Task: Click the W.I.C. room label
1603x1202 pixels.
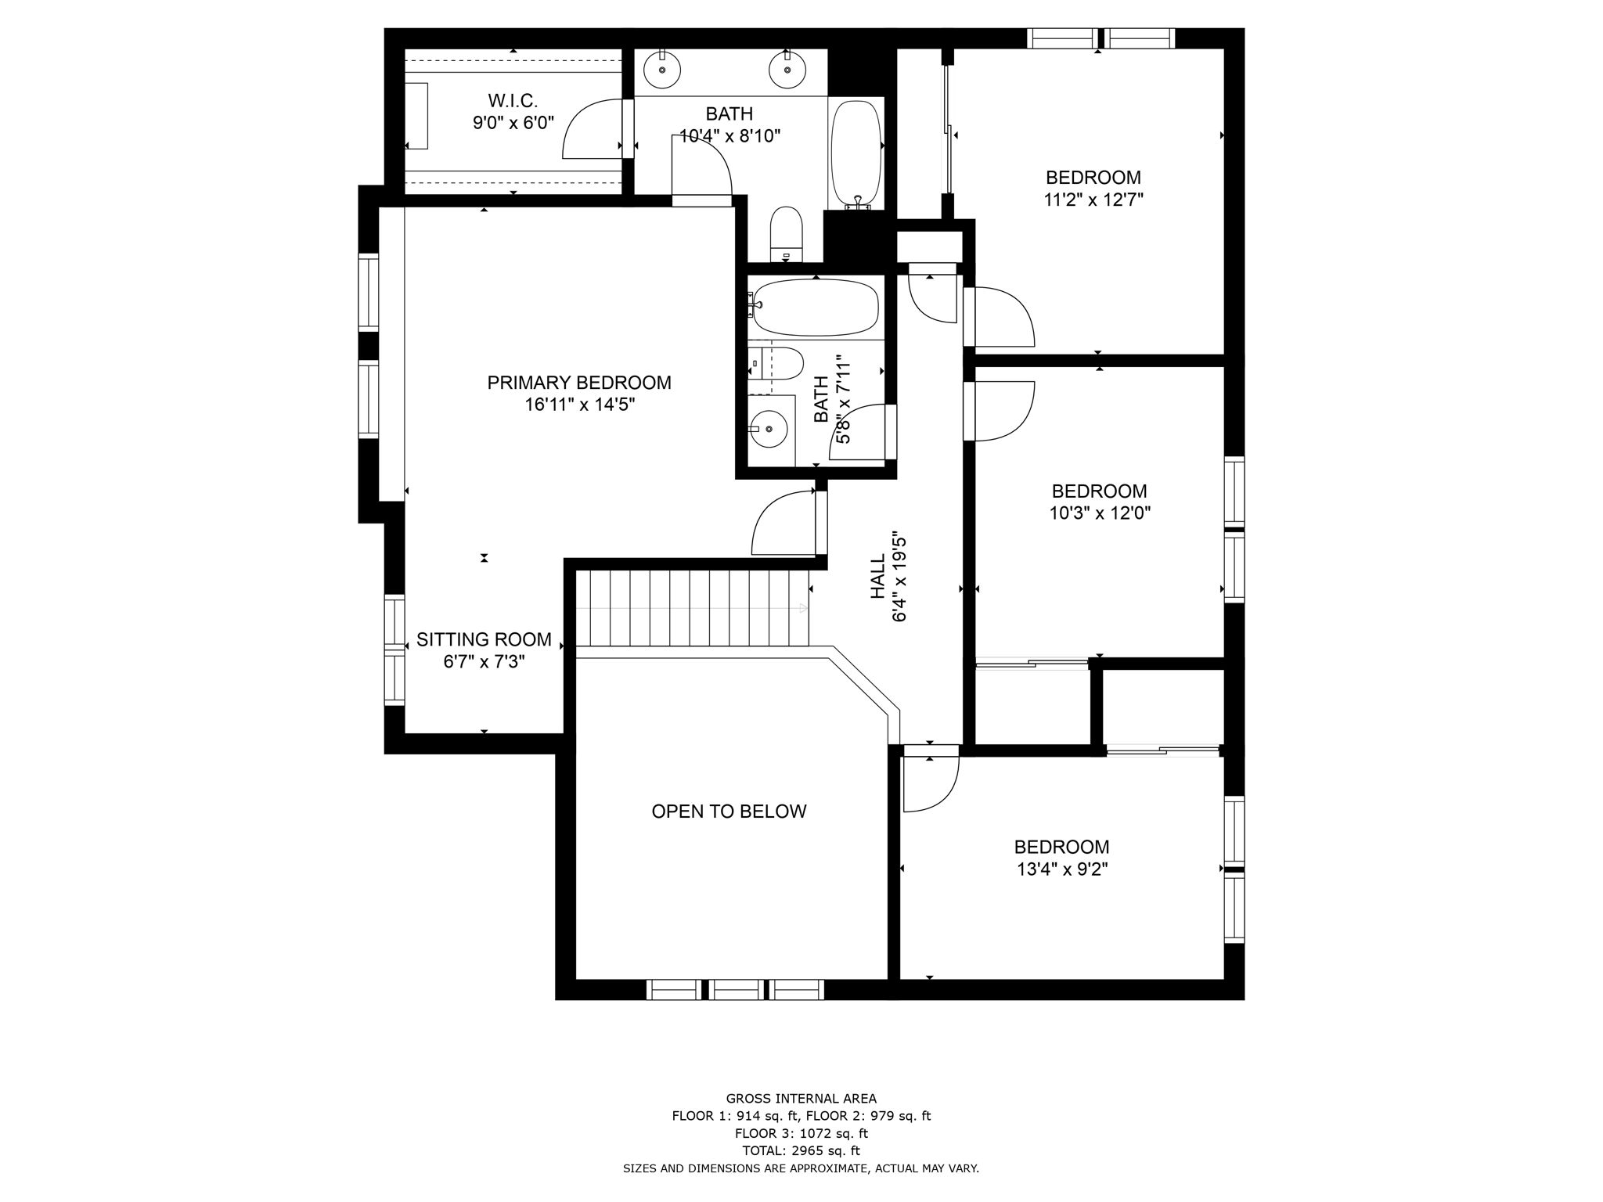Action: [513, 101]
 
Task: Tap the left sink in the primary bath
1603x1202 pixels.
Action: [662, 69]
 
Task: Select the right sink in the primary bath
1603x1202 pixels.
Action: [787, 69]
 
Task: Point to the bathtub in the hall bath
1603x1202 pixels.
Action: [816, 308]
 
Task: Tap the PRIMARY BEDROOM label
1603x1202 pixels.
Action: [578, 383]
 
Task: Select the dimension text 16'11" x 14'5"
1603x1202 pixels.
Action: [578, 405]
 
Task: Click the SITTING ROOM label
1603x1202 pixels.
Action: [484, 639]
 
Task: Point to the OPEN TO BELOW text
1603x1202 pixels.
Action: [729, 812]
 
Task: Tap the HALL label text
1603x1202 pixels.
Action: [878, 577]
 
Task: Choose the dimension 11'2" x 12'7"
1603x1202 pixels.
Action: [1093, 200]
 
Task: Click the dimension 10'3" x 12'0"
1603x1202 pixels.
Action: [1099, 513]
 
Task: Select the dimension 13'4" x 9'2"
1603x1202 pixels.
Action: [1061, 869]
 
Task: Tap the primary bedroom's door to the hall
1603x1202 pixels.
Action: [783, 524]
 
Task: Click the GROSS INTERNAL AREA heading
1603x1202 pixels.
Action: [801, 1099]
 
